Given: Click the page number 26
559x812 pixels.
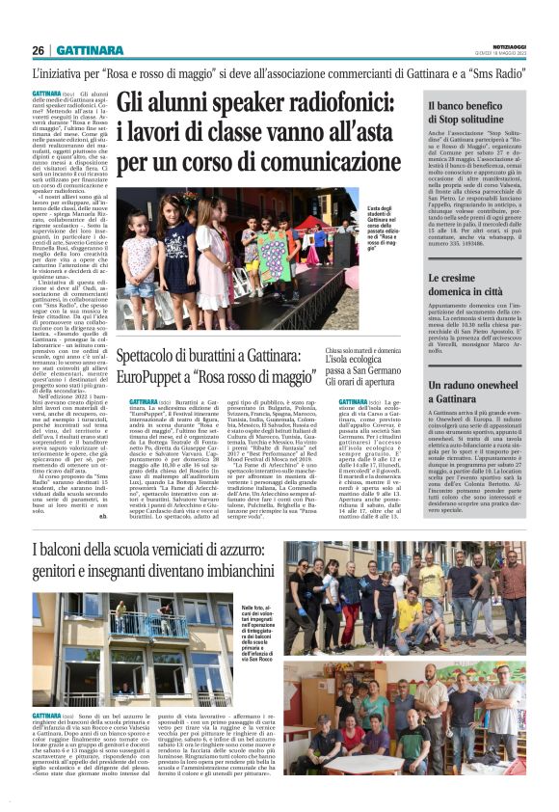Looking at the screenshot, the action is (39, 50).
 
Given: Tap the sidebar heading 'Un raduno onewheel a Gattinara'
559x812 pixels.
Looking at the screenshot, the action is (474, 391).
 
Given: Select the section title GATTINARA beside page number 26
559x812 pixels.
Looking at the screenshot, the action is (90, 50).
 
